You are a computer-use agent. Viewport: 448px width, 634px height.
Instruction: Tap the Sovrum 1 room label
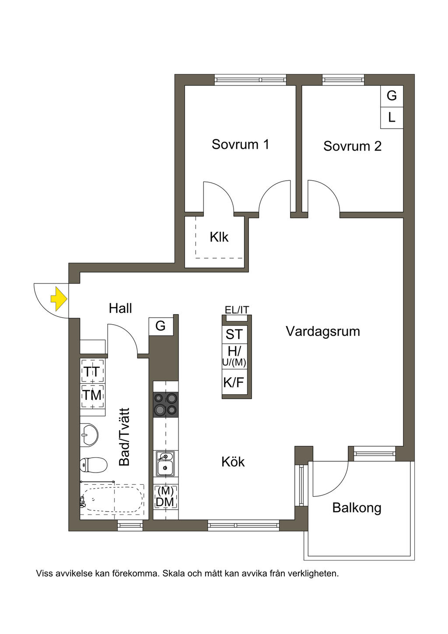240,144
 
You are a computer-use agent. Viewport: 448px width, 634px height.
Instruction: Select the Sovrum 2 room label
352,146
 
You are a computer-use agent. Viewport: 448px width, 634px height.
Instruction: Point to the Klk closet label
219,237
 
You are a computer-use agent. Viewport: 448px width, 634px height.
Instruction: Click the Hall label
120,308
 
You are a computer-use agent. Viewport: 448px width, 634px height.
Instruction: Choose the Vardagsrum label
323,331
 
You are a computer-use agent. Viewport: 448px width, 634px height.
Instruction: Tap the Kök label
233,462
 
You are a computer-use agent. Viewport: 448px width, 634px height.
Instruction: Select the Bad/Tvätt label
125,437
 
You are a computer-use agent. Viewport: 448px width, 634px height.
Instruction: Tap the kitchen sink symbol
166,463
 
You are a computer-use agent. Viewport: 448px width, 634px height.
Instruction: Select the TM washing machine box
93,396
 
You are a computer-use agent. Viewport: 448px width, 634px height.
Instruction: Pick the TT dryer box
93,371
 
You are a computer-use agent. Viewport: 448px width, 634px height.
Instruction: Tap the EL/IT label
237,310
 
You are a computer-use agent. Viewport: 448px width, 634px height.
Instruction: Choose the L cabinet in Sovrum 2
392,117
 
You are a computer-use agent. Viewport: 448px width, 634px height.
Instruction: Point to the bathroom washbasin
89,435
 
